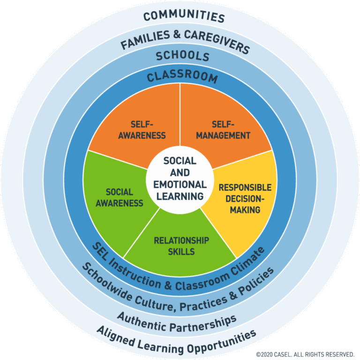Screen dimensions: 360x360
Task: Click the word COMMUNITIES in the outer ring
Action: [x=184, y=16]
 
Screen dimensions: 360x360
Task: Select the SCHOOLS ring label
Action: [x=183, y=56]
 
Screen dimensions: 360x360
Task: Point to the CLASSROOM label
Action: [x=182, y=77]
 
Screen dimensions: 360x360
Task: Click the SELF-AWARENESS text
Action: [x=148, y=130]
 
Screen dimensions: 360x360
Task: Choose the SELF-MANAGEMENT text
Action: [x=223, y=130]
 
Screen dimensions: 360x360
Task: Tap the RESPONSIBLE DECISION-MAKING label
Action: [x=245, y=198]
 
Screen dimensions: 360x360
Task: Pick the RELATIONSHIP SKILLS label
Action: [x=181, y=246]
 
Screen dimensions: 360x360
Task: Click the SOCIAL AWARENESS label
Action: [x=120, y=197]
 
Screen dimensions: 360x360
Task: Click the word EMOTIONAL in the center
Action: [x=180, y=184]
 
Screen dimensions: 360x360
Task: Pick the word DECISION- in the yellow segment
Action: [x=245, y=198]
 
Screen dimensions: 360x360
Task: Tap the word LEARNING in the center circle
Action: [x=180, y=196]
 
